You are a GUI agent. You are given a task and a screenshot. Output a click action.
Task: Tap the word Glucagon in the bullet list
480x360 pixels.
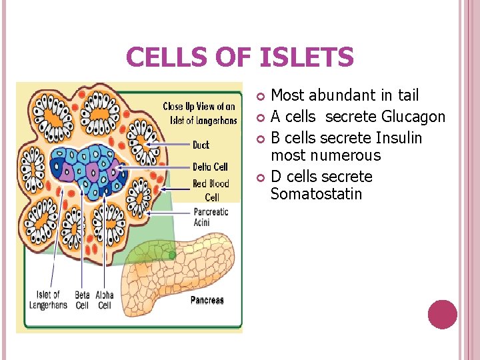(x=413, y=117)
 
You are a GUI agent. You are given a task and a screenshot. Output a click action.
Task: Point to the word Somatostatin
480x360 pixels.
(x=316, y=194)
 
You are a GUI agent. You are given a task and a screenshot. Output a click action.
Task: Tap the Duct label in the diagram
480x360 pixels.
(x=201, y=145)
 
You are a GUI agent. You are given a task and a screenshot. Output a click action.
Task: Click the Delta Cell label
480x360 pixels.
(x=210, y=167)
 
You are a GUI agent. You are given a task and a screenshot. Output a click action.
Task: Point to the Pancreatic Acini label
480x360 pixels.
(x=210, y=217)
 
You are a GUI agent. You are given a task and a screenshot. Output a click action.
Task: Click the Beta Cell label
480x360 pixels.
(x=82, y=300)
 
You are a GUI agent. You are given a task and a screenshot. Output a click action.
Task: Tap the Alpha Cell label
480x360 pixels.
(x=104, y=300)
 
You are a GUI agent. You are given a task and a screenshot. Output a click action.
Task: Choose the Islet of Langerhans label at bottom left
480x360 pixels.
(x=48, y=300)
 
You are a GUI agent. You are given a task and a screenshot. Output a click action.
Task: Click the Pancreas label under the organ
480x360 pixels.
(x=207, y=300)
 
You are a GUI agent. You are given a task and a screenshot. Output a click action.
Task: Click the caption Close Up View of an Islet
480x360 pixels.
(x=199, y=113)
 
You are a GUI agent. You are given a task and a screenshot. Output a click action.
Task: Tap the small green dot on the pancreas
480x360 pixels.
(x=172, y=255)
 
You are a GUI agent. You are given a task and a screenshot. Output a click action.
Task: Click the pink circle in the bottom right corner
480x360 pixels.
(x=443, y=315)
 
